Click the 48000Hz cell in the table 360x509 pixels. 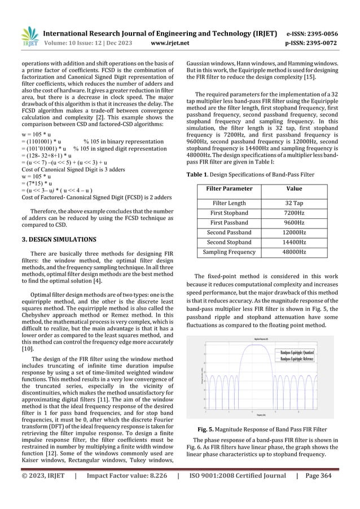[x=295, y=254]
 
